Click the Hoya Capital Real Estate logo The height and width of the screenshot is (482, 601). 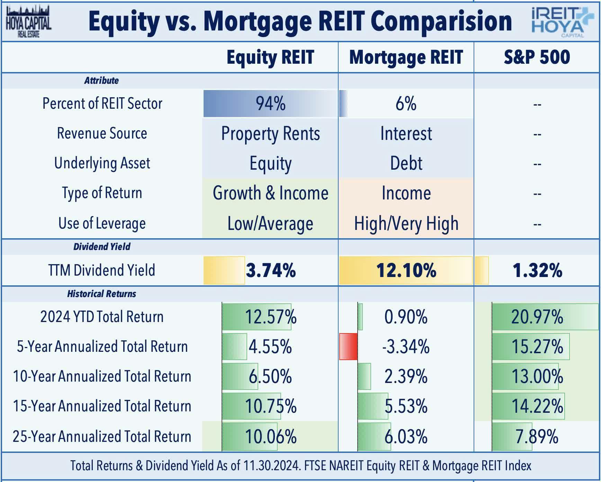(28, 22)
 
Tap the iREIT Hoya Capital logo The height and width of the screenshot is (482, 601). (558, 22)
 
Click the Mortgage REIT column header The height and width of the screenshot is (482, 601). (406, 57)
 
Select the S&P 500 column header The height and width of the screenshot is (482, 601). (537, 57)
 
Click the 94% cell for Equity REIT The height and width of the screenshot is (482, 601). (270, 104)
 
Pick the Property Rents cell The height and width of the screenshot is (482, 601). (270, 134)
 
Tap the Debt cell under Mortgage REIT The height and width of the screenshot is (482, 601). (406, 163)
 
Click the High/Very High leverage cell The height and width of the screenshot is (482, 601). (406, 223)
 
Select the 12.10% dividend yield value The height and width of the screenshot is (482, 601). (406, 270)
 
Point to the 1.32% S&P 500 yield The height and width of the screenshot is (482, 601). (537, 270)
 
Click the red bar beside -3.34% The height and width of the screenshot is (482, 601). (348, 347)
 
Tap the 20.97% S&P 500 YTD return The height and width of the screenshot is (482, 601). (537, 317)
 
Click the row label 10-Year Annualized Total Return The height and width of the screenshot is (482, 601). (102, 376)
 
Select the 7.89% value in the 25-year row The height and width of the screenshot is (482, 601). (537, 436)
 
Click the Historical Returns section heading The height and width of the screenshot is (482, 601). (101, 294)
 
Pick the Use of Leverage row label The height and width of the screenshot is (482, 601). (102, 223)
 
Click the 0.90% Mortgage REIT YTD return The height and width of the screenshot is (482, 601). (406, 317)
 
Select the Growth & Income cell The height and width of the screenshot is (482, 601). (270, 193)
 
